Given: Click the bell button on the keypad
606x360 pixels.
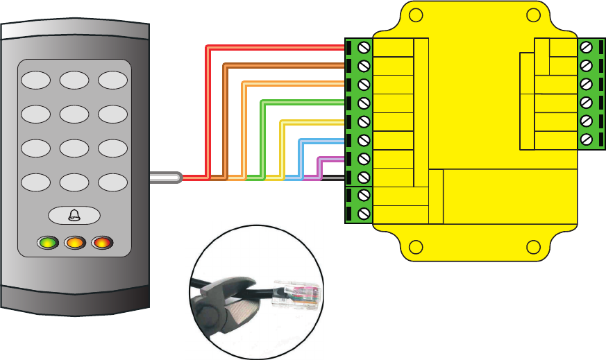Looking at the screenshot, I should click(x=74, y=216).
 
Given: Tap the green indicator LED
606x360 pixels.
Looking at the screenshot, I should click(x=47, y=243).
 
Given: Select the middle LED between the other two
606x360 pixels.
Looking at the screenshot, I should click(x=74, y=243).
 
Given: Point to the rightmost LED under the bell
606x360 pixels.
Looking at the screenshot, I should click(x=101, y=243).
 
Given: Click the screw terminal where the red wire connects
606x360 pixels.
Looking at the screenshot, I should click(x=363, y=47).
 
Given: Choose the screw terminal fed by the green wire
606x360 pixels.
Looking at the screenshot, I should click(x=363, y=103).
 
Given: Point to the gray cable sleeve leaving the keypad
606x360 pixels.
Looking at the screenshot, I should click(x=165, y=178).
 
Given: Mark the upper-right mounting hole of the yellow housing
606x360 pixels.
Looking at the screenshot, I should click(x=533, y=16).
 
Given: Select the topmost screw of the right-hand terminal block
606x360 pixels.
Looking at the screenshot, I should click(x=587, y=47).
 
